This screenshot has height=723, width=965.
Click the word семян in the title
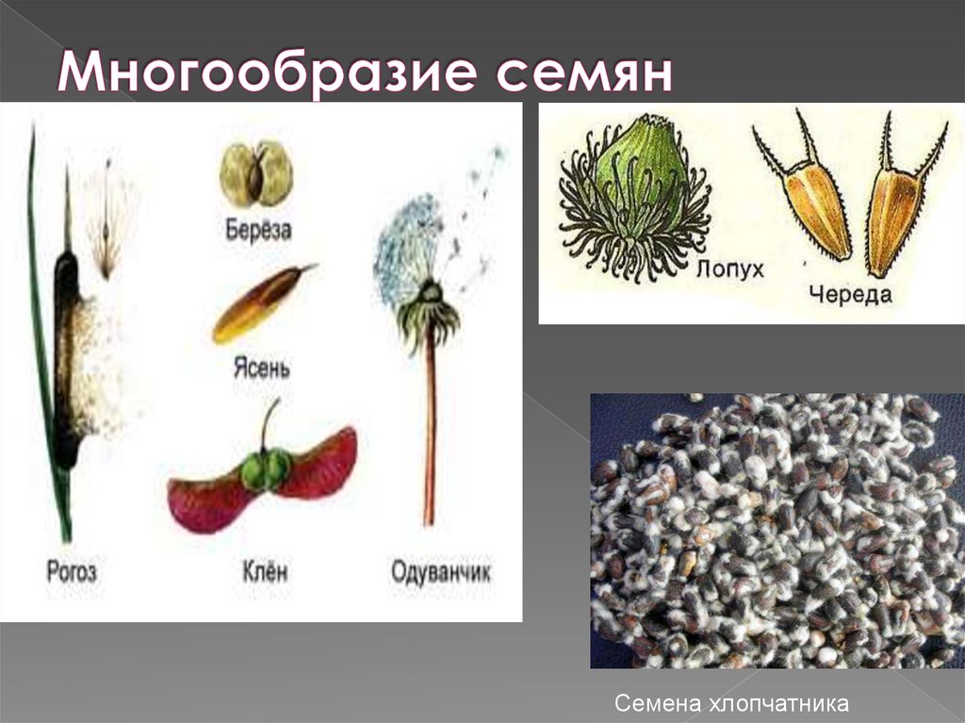(x=585, y=74)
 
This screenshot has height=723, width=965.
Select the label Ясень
(x=261, y=367)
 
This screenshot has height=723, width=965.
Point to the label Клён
(x=264, y=570)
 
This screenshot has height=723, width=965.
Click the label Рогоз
(x=72, y=570)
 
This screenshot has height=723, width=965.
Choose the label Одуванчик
(x=441, y=570)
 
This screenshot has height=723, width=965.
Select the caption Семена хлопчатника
(x=731, y=703)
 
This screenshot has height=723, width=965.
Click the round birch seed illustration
(x=256, y=173)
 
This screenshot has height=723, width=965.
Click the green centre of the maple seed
(x=265, y=469)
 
